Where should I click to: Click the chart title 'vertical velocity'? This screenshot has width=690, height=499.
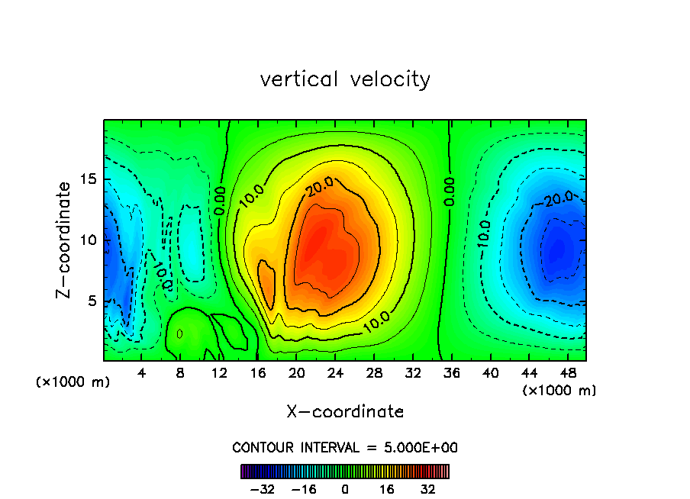point(345,79)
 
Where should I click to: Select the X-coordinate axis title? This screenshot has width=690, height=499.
point(345,412)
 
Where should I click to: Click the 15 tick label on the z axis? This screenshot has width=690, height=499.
point(89,180)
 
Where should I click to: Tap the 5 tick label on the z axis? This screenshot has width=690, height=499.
point(92,301)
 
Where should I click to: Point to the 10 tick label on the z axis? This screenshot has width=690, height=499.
point(89,240)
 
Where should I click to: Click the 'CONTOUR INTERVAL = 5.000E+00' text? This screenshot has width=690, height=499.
point(345,447)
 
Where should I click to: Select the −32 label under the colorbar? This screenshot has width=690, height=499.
point(264,488)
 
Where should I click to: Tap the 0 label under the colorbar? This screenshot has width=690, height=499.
point(345,488)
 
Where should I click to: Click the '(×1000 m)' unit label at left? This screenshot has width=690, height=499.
point(73,382)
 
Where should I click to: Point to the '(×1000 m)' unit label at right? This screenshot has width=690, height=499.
point(559,391)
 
